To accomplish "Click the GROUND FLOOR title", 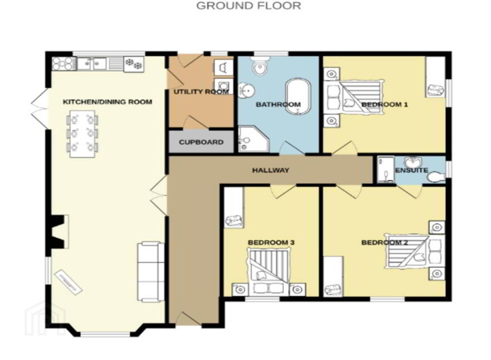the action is click(248, 6).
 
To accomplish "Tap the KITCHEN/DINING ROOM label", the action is click(107, 102).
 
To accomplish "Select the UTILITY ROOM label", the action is click(201, 92).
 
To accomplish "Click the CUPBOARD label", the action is click(201, 142).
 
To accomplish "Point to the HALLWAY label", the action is click(271, 170).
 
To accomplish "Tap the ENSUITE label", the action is click(411, 170).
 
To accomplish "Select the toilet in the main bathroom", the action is click(260, 66).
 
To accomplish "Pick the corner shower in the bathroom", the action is click(253, 140).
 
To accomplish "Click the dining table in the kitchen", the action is click(82, 134).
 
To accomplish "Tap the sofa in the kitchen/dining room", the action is click(150, 272).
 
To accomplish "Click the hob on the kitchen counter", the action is click(63, 64).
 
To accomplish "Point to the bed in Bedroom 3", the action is click(269, 271).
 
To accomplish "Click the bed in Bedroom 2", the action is click(415, 251).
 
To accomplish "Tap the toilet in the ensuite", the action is click(436, 177).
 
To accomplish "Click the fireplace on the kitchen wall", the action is click(59, 232).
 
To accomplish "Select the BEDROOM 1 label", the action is click(384, 104).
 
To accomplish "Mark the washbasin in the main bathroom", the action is click(246, 91).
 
